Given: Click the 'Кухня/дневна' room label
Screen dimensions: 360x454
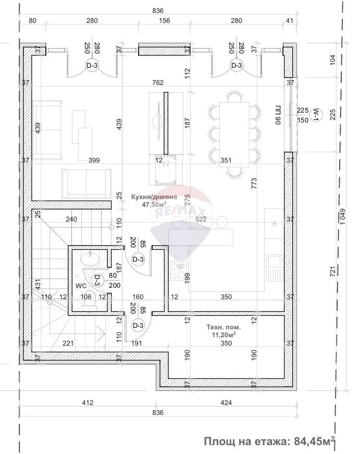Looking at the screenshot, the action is pyautogui.click(x=154, y=197).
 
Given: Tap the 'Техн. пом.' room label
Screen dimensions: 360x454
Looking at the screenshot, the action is pyautogui.click(x=224, y=327).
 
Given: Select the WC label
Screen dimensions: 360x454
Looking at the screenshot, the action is pyautogui.click(x=81, y=286).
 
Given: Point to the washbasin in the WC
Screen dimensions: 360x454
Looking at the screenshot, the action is pyautogui.click(x=90, y=258).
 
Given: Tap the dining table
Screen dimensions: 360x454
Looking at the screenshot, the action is pyautogui.click(x=234, y=134).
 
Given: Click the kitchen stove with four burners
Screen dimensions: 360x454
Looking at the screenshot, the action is pyautogui.click(x=179, y=271).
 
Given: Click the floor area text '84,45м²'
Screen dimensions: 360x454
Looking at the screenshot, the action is pyautogui.click(x=315, y=441).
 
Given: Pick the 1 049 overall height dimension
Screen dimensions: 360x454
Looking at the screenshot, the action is pyautogui.click(x=342, y=216).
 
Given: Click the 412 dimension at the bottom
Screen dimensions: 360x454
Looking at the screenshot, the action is pyautogui.click(x=88, y=402).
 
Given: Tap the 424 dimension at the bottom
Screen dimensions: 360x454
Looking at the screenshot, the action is pyautogui.click(x=226, y=402).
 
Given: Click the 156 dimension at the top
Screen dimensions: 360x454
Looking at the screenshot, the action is pyautogui.click(x=165, y=20).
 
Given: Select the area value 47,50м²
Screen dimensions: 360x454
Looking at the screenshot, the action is pyautogui.click(x=154, y=204).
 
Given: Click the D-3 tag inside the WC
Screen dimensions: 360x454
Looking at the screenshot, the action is pyautogui.click(x=97, y=280).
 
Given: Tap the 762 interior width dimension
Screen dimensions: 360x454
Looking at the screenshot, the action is pyautogui.click(x=157, y=82).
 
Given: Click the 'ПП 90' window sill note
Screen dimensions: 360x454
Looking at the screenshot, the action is pyautogui.click(x=278, y=115).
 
